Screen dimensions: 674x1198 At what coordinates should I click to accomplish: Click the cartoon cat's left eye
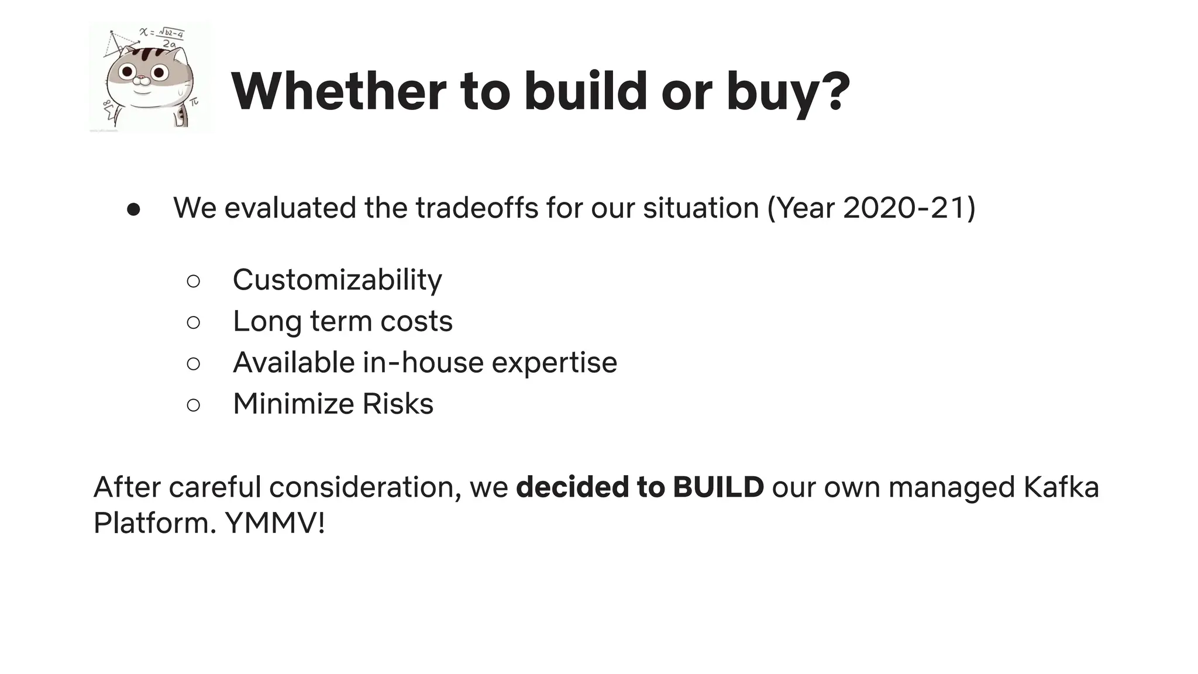(128, 72)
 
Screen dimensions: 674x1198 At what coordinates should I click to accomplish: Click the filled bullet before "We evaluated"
(133, 209)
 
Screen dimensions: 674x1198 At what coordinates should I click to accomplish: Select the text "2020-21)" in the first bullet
(909, 208)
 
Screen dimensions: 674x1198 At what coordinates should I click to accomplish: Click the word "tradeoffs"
(476, 208)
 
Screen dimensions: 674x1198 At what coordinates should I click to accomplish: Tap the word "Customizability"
(337, 280)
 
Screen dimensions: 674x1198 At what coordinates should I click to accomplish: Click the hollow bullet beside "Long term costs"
(194, 322)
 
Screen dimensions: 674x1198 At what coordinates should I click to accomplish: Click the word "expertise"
(554, 363)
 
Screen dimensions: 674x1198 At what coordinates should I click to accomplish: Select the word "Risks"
(398, 404)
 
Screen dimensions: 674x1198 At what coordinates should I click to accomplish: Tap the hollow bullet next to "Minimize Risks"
(194, 404)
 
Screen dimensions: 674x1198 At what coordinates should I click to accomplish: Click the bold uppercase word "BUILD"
(718, 487)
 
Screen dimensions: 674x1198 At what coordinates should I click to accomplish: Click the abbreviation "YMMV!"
(275, 522)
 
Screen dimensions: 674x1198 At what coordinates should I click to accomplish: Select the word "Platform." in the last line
(154, 522)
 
